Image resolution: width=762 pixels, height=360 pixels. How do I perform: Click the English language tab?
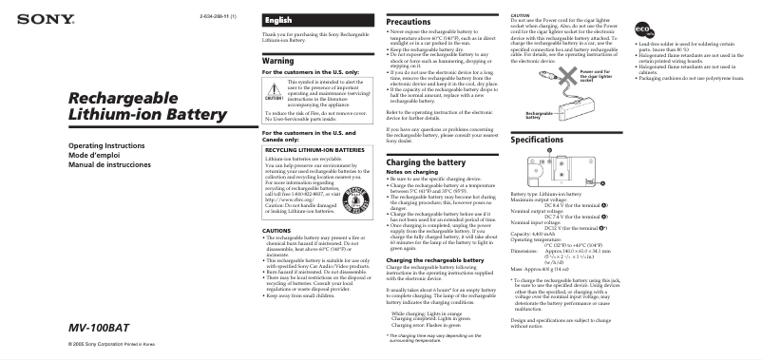coord(278,20)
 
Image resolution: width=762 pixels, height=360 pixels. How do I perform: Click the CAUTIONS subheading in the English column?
coord(277,231)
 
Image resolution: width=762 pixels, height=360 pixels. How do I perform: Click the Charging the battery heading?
coord(426,163)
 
